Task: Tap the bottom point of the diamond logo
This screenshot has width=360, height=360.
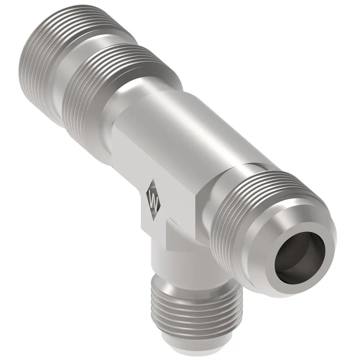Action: click(x=154, y=220)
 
